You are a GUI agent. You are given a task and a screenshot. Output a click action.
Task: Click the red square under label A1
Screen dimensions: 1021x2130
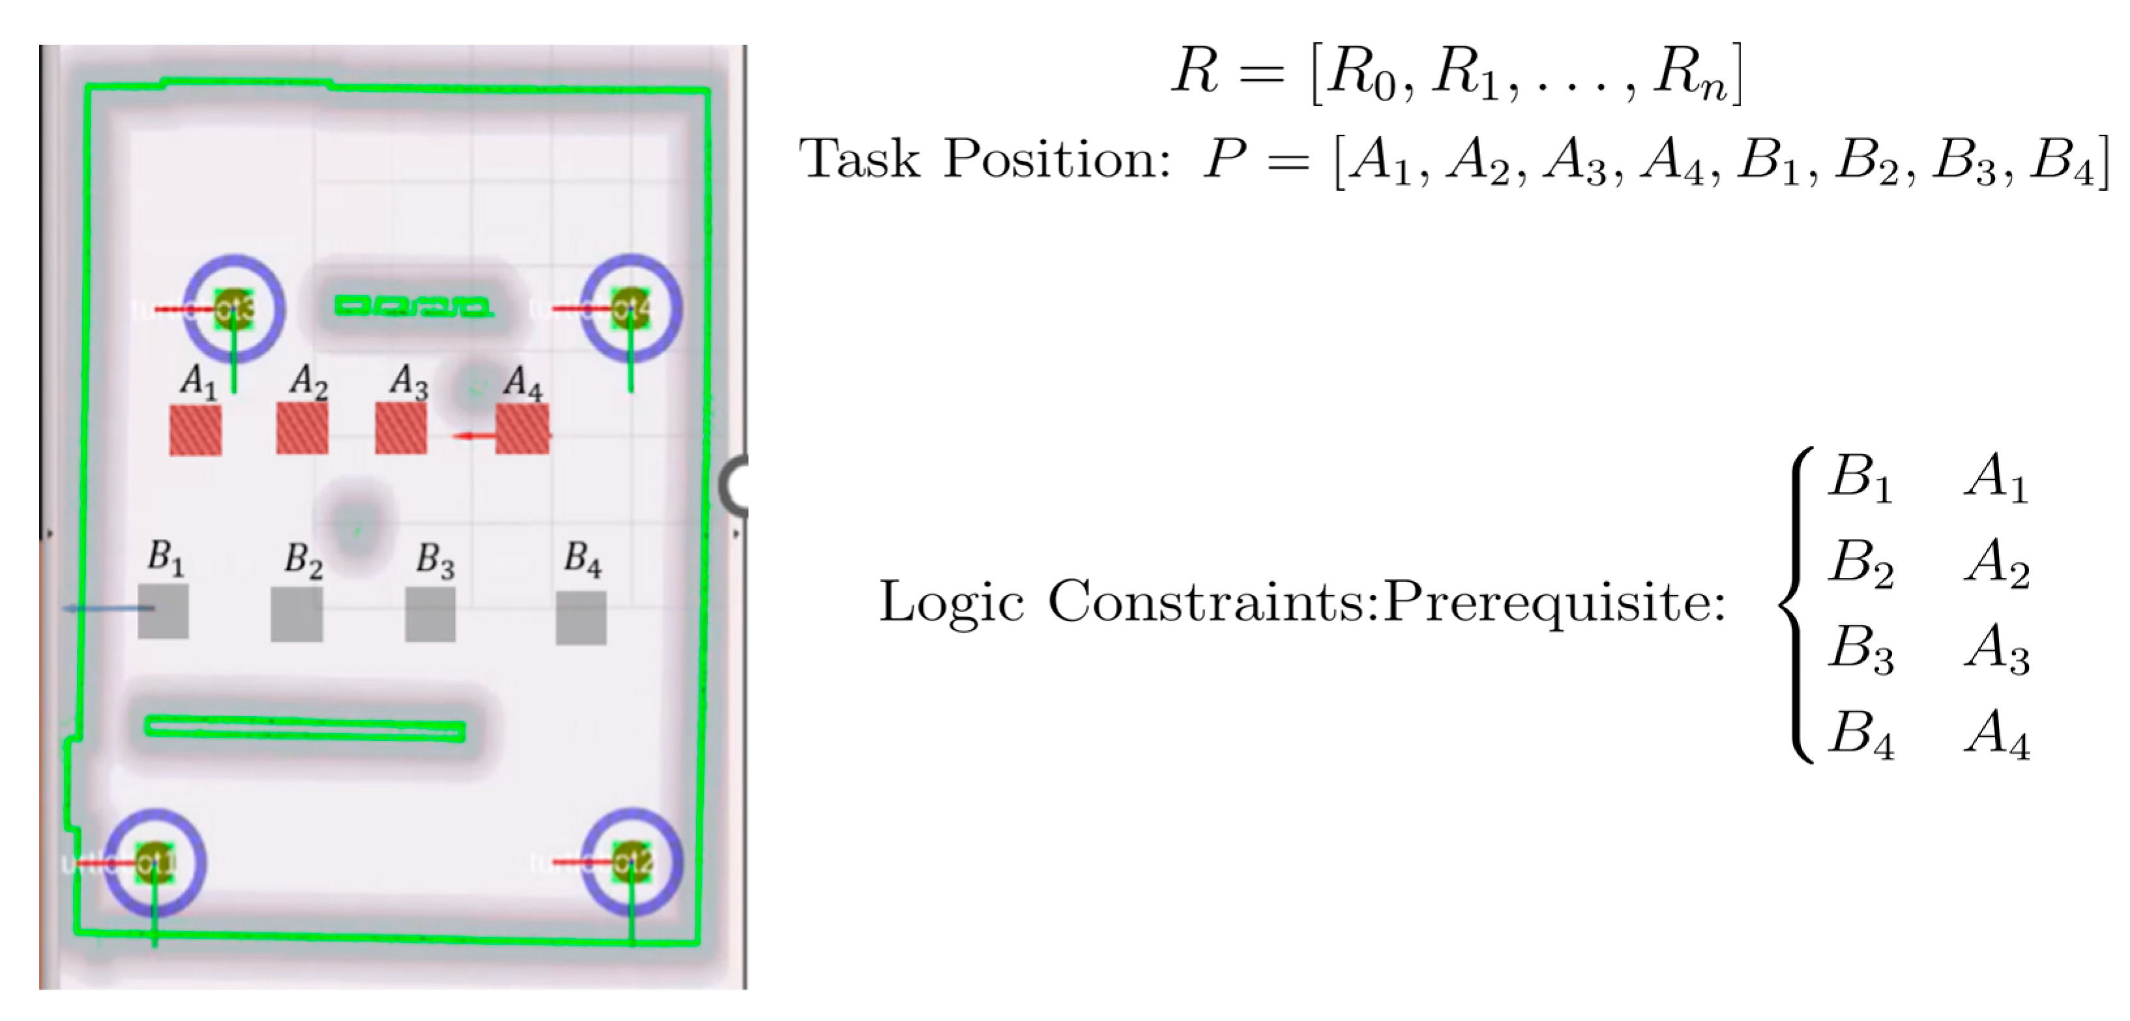click(196, 430)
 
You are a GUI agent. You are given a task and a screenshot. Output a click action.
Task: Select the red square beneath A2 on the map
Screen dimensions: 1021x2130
click(302, 428)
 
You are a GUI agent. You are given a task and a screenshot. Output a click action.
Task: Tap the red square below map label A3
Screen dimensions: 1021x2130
click(401, 428)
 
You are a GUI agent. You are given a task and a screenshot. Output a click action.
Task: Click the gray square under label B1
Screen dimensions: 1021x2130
click(163, 612)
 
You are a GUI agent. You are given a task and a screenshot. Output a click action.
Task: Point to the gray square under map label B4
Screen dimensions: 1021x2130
click(581, 618)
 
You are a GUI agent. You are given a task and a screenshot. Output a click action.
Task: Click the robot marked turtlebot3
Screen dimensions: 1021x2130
click(234, 308)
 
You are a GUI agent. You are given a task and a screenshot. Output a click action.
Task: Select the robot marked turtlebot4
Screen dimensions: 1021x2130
click(631, 308)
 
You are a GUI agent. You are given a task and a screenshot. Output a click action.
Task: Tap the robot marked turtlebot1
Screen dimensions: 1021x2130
click(154, 862)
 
